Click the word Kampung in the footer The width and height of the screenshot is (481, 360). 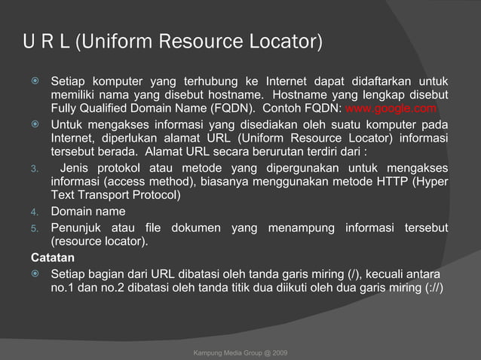209,352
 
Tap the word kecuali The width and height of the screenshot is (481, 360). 388,273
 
